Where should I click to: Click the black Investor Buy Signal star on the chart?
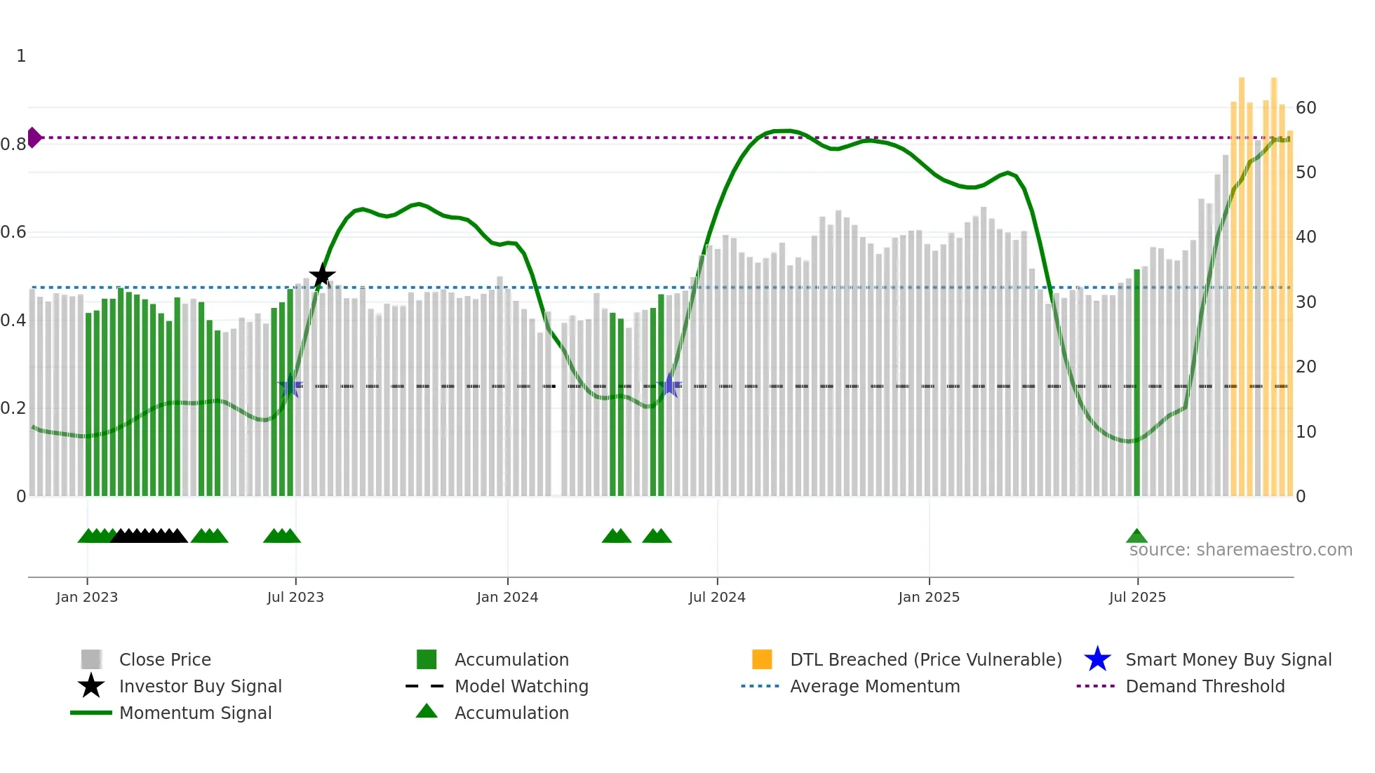pyautogui.click(x=322, y=276)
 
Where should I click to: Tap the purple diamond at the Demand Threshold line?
pyautogui.click(x=34, y=137)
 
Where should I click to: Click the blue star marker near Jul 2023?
pyautogui.click(x=290, y=386)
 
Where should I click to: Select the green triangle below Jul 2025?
pyautogui.click(x=1136, y=537)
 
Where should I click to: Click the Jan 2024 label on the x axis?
pyautogui.click(x=507, y=597)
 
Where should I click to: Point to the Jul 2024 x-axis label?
pyautogui.click(x=717, y=597)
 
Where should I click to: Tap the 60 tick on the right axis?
pyautogui.click(x=1306, y=108)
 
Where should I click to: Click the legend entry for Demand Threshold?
pyautogui.click(x=1205, y=686)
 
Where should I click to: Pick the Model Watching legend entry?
pyautogui.click(x=521, y=686)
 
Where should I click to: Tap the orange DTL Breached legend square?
pyautogui.click(x=762, y=659)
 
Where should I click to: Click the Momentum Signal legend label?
pyautogui.click(x=195, y=713)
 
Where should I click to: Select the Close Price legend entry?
pyautogui.click(x=165, y=659)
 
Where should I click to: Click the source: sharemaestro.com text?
pyautogui.click(x=1240, y=550)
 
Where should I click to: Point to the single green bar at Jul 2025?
pyautogui.click(x=1136, y=382)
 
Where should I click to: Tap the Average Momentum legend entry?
pyautogui.click(x=875, y=686)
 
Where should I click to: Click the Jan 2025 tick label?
pyautogui.click(x=929, y=597)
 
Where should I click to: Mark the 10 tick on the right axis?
pyautogui.click(x=1306, y=432)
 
